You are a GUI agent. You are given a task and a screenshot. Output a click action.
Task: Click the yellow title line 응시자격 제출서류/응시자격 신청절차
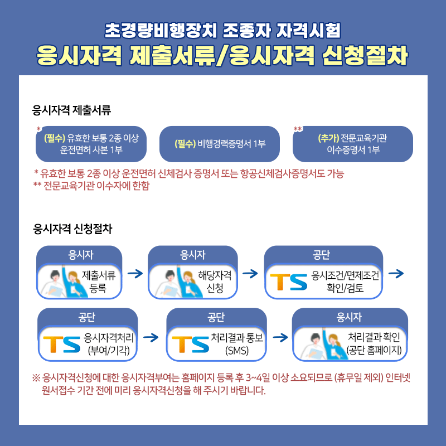click(222, 55)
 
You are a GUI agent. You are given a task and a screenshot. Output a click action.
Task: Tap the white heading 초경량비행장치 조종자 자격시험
click(222, 27)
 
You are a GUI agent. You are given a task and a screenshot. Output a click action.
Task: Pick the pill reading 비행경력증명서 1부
click(219, 144)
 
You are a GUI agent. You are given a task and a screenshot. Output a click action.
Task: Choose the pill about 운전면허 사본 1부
click(91, 144)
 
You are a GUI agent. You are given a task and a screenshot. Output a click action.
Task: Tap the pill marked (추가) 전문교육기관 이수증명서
click(353, 144)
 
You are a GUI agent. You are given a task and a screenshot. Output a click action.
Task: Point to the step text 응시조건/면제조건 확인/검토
click(345, 282)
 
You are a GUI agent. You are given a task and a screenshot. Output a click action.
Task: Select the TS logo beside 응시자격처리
click(61, 344)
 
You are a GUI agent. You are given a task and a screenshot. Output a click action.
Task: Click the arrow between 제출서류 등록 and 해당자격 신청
click(135, 274)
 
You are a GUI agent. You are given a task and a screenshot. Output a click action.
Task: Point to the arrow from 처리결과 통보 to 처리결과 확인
click(280, 337)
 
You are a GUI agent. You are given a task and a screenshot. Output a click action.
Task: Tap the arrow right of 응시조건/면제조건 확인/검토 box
click(395, 274)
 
